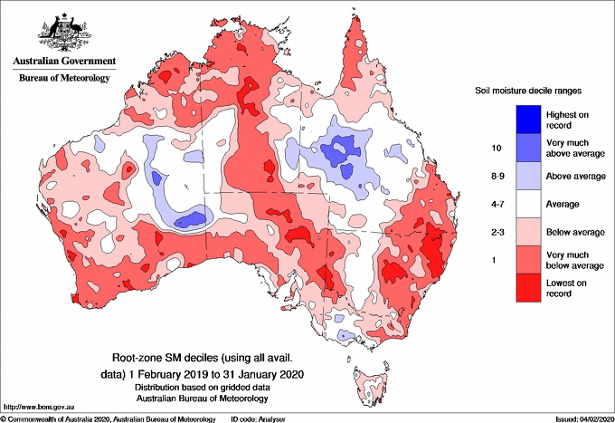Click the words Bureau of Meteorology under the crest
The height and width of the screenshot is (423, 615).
pos(63,79)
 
